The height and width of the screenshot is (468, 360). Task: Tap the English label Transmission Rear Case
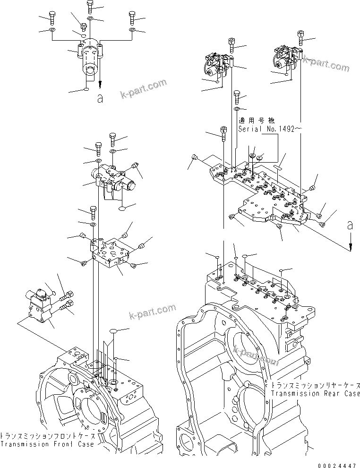coord(315,393)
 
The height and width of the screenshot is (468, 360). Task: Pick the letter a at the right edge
coord(350,226)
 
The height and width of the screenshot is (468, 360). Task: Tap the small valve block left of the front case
coord(38,307)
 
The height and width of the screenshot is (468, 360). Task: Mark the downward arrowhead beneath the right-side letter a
coord(350,247)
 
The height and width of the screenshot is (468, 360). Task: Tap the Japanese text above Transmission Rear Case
coord(315,385)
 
